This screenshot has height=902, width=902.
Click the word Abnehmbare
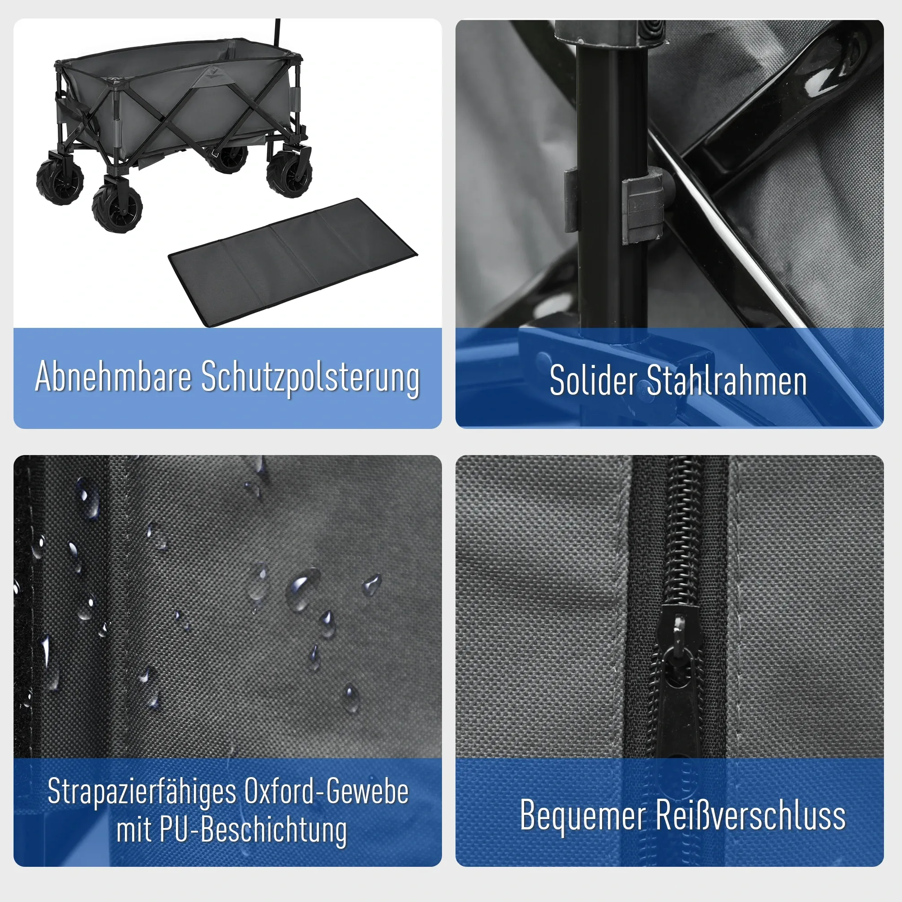click(x=114, y=376)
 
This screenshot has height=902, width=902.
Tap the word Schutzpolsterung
click(x=310, y=378)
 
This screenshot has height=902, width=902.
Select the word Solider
click(x=593, y=381)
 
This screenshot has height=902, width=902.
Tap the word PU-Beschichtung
click(x=253, y=831)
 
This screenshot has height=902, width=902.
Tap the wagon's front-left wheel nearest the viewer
click(x=116, y=208)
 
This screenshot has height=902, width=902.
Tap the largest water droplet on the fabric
click(x=303, y=589)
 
